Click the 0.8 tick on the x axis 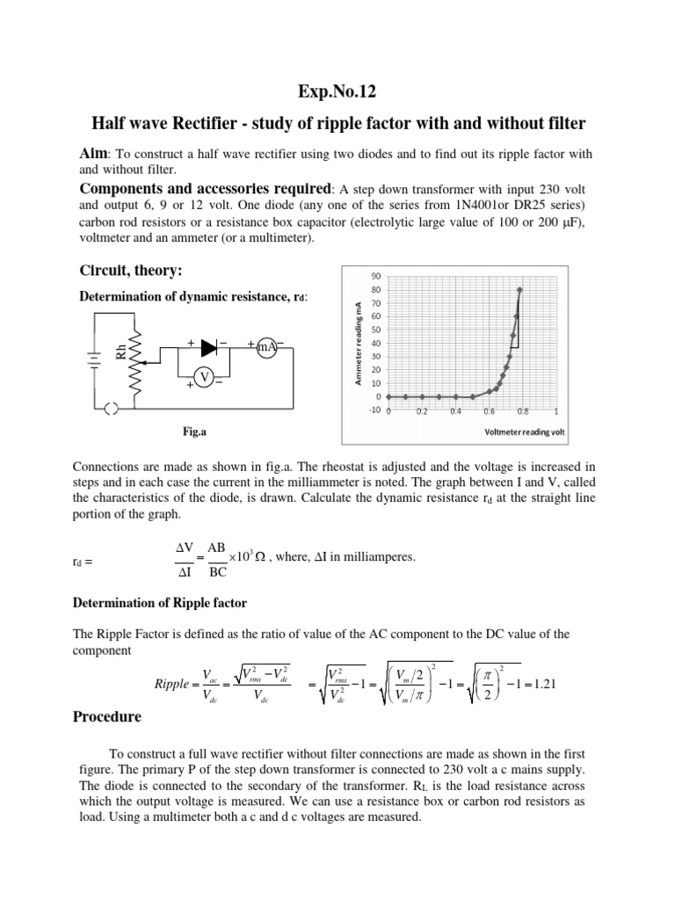[x=522, y=411]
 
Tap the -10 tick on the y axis [x=373, y=410]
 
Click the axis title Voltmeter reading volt [x=519, y=432]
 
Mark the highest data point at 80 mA [x=519, y=289]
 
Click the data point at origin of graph [x=388, y=396]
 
